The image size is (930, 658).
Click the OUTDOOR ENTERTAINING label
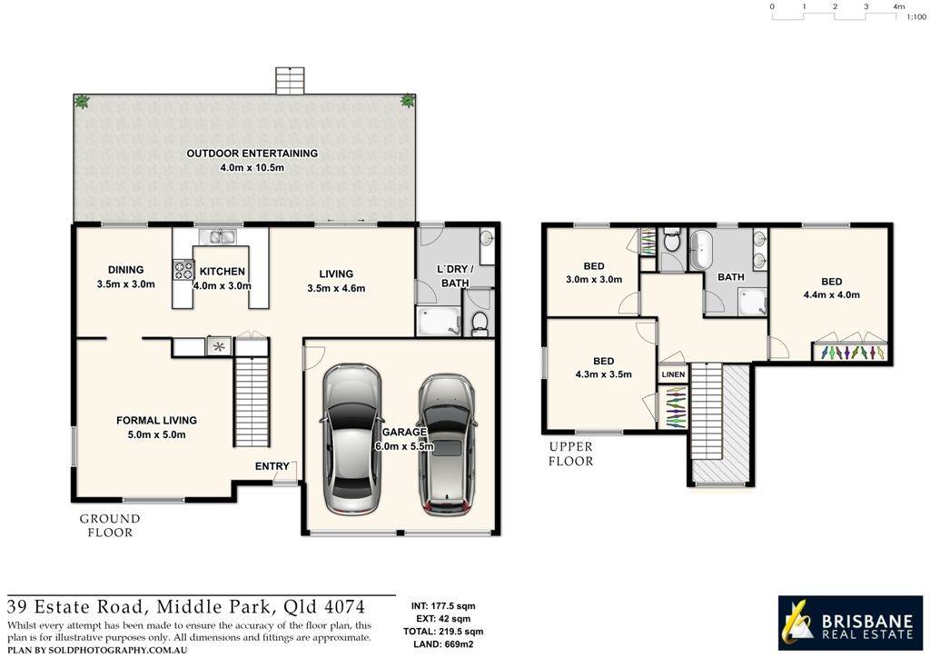coord(252,154)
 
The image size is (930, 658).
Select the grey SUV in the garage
coord(446,444)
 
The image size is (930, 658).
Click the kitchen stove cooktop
coord(183,269)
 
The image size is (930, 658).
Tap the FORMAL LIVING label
coord(156,420)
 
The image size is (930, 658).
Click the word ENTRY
coord(272,466)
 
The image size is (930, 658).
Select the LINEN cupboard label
coord(673,374)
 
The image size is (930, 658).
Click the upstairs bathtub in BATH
coord(700,250)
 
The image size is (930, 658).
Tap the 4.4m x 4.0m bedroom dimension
coord(831,294)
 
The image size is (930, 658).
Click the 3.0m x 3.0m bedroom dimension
coord(594,279)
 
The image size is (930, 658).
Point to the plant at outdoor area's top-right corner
coord(409,101)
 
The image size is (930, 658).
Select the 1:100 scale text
coord(915,17)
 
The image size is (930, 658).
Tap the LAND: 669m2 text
coord(444,643)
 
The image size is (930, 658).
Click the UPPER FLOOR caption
coord(571,454)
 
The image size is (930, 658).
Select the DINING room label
coord(125,270)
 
